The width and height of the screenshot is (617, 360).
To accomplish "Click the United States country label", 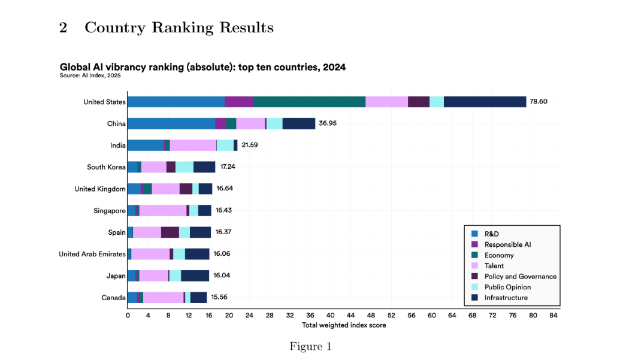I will pos(105,102).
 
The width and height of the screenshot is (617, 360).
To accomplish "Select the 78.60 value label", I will pos(537,102).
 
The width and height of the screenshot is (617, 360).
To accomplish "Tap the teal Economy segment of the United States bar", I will pos(308,102).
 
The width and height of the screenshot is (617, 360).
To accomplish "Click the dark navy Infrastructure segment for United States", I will pos(485,102).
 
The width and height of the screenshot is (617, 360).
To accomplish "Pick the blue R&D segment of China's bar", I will pos(171,123).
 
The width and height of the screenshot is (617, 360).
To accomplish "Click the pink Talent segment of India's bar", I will pos(193,145).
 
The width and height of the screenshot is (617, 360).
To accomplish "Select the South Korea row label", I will pos(107,167).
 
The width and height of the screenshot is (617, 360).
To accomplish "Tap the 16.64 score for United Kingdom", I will pos(225,189).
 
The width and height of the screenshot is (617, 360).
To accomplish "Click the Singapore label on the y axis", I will pos(109,210).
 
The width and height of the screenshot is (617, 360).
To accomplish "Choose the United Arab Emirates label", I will pos(92,254).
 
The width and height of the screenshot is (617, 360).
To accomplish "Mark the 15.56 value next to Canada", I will pos(219,297).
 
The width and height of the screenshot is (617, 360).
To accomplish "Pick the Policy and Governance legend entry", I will pos(520,276).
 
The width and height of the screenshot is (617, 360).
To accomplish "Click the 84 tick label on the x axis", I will pos(554,315).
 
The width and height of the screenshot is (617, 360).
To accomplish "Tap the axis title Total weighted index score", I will pos(344,325).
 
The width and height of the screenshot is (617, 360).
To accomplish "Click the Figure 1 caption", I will pos(310,346).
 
